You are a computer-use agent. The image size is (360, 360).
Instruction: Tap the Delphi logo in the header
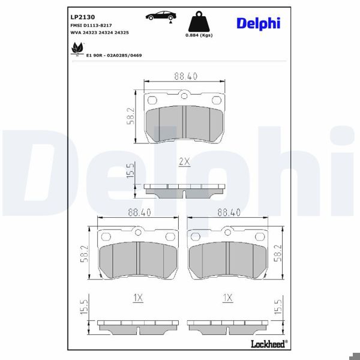point(258,23)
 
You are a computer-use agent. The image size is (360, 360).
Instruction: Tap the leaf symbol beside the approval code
point(77,52)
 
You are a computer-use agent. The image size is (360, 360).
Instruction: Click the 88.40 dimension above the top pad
point(186,76)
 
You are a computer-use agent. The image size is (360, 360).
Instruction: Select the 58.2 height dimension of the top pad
point(130,116)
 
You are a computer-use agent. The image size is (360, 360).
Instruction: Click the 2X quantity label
point(184,161)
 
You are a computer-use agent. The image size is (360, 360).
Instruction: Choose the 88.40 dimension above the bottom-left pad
point(139,212)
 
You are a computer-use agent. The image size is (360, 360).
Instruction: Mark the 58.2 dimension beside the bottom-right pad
point(277,253)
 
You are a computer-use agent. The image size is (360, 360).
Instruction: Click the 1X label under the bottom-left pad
point(137,296)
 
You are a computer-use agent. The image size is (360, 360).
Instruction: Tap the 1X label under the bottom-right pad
point(227,296)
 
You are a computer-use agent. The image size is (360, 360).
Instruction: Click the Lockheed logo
point(267,344)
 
